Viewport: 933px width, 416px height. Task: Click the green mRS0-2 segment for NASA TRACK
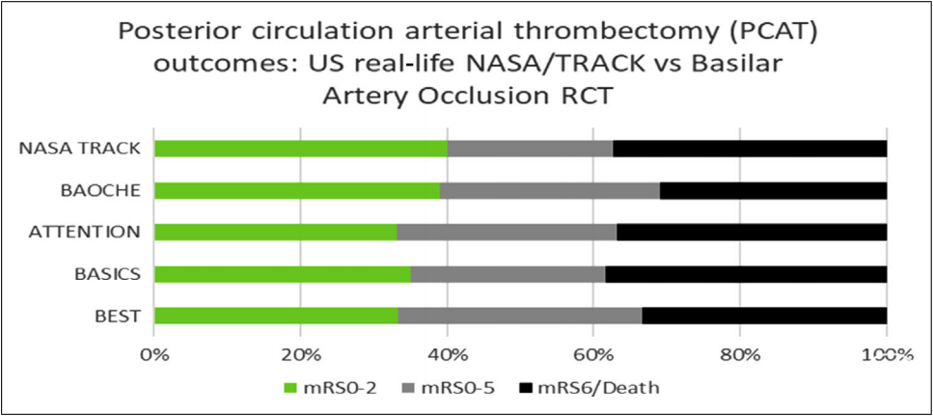(301, 149)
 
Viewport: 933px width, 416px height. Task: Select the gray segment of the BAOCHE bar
(550, 190)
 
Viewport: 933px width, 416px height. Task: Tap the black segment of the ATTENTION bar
(752, 232)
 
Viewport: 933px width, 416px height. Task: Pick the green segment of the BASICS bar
(283, 274)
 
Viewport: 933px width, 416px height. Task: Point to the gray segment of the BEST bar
(520, 316)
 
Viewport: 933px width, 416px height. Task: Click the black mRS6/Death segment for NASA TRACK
(750, 149)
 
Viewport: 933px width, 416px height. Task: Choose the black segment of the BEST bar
(764, 316)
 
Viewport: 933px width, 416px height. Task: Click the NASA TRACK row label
(80, 149)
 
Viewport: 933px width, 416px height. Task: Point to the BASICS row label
(108, 274)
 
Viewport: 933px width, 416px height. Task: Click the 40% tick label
(447, 356)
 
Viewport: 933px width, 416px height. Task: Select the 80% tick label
(740, 356)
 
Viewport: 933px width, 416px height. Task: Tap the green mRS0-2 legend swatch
(292, 388)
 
